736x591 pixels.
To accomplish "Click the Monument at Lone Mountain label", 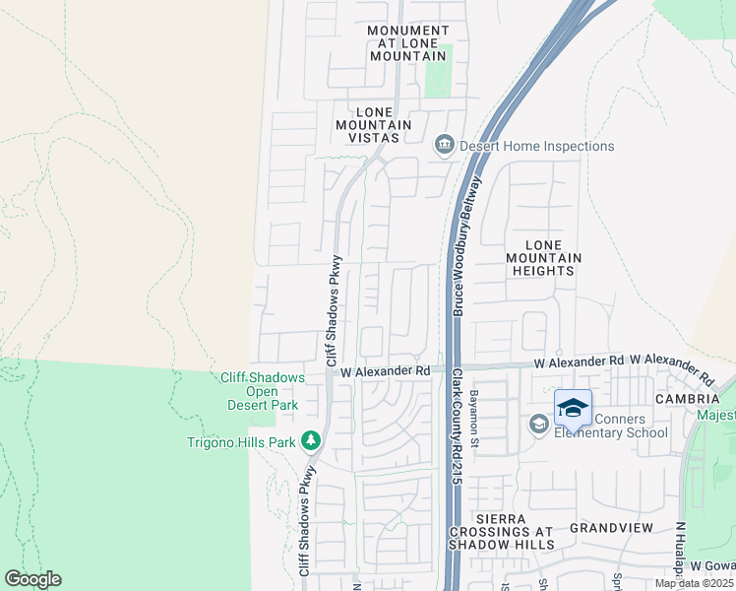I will click(x=407, y=43).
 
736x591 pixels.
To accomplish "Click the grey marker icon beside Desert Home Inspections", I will click(x=444, y=146).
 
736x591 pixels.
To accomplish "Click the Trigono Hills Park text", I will click(x=241, y=442).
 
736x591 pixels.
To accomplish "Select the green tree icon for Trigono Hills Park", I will click(x=312, y=440).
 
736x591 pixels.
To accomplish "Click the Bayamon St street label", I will click(x=473, y=427).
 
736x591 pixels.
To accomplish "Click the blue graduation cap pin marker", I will click(x=573, y=407).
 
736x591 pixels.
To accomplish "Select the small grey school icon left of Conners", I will click(x=538, y=425).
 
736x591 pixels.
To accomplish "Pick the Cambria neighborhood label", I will click(x=688, y=398).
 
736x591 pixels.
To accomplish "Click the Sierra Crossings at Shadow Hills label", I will click(x=502, y=531).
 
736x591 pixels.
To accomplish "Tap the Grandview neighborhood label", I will click(x=611, y=528).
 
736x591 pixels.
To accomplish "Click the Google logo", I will click(x=32, y=579).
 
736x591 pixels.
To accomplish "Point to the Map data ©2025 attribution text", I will click(x=694, y=583).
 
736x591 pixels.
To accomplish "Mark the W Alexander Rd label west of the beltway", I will click(x=386, y=371).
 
